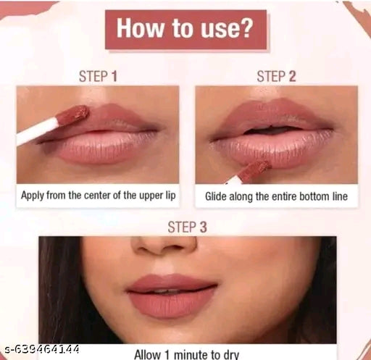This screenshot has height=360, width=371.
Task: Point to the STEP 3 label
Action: pyautogui.click(x=187, y=227)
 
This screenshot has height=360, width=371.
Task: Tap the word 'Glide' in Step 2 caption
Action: pyautogui.click(x=218, y=196)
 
